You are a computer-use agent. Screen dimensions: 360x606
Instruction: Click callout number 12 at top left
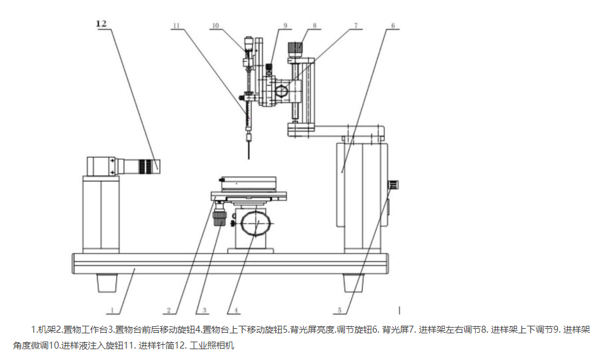point(102,23)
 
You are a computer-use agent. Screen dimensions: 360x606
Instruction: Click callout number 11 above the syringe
point(176,27)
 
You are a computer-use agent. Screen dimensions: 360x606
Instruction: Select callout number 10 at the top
point(215,27)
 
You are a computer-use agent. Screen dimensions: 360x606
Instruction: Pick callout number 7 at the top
point(356,27)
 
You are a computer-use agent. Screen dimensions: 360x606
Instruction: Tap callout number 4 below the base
point(236,310)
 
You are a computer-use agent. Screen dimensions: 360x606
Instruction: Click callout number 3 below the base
point(205,310)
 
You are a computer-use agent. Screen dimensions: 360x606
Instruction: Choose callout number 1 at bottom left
point(111,310)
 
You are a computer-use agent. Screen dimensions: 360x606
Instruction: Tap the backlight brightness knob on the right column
point(394,185)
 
